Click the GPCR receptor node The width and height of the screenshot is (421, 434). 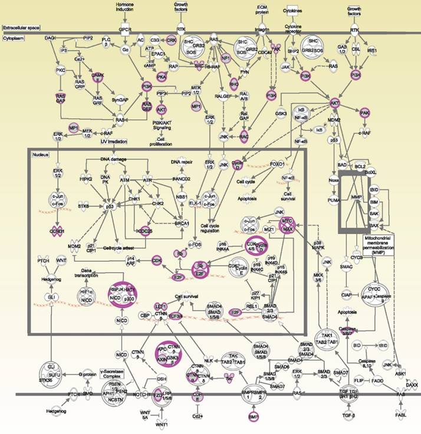(125, 29)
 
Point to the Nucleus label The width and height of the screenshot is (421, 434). (40, 153)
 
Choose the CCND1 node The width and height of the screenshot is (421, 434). (57, 231)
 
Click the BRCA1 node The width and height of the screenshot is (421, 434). (181, 224)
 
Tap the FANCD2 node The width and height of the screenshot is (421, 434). (181, 179)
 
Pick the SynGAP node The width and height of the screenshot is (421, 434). (120, 100)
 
